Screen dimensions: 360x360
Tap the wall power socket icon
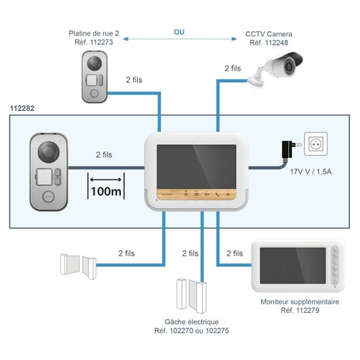click(x=317, y=145)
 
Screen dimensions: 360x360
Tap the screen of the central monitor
click(x=192, y=162)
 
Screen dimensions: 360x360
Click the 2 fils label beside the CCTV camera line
click(x=232, y=69)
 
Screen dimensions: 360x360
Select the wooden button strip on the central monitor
click(x=193, y=194)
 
